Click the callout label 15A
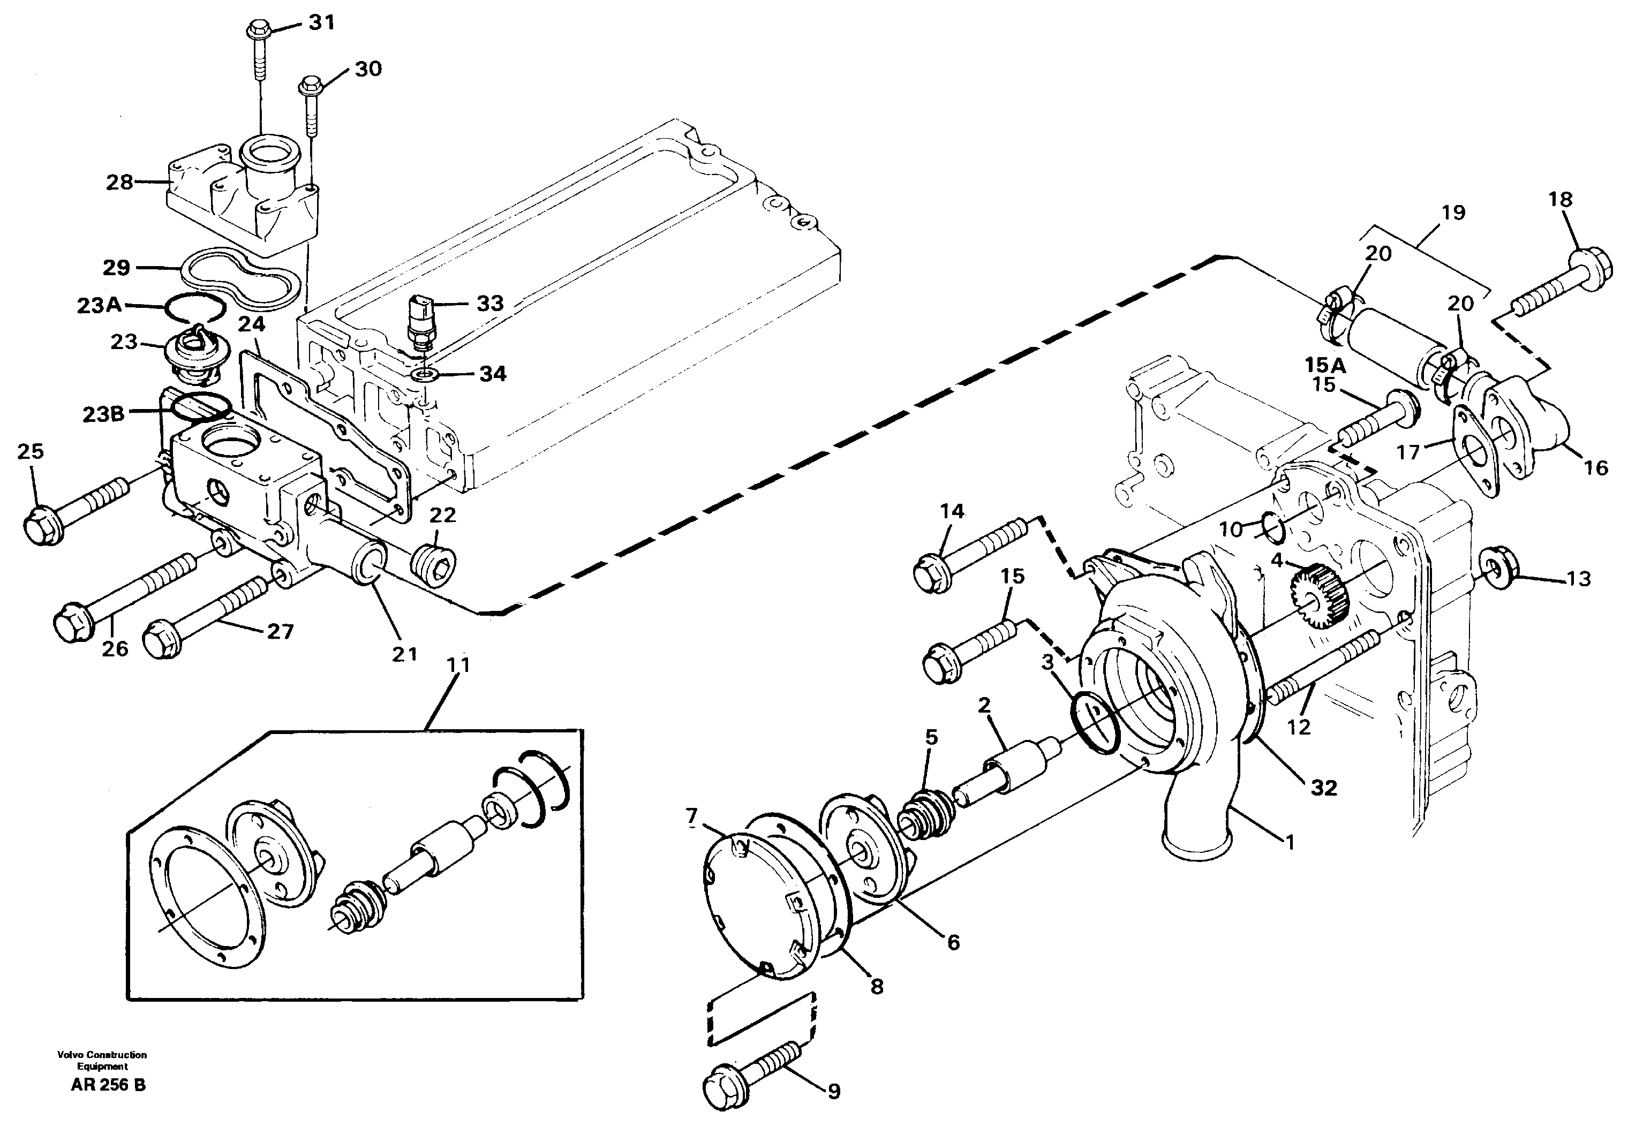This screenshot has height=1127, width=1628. [1325, 365]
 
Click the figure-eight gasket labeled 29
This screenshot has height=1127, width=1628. [240, 277]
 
